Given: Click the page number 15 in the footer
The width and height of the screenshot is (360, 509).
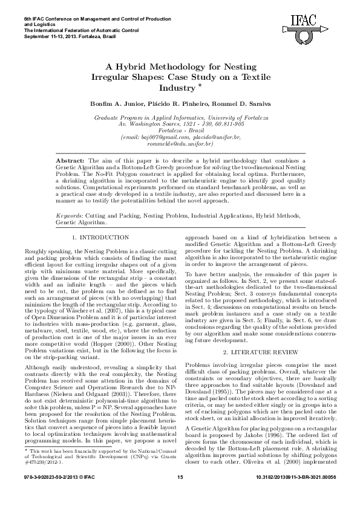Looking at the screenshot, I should click(x=180, y=495).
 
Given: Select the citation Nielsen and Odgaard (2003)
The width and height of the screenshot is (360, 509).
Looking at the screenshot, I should click(x=78, y=394).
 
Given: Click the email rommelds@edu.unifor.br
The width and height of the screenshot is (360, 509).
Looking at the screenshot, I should click(x=180, y=144).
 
